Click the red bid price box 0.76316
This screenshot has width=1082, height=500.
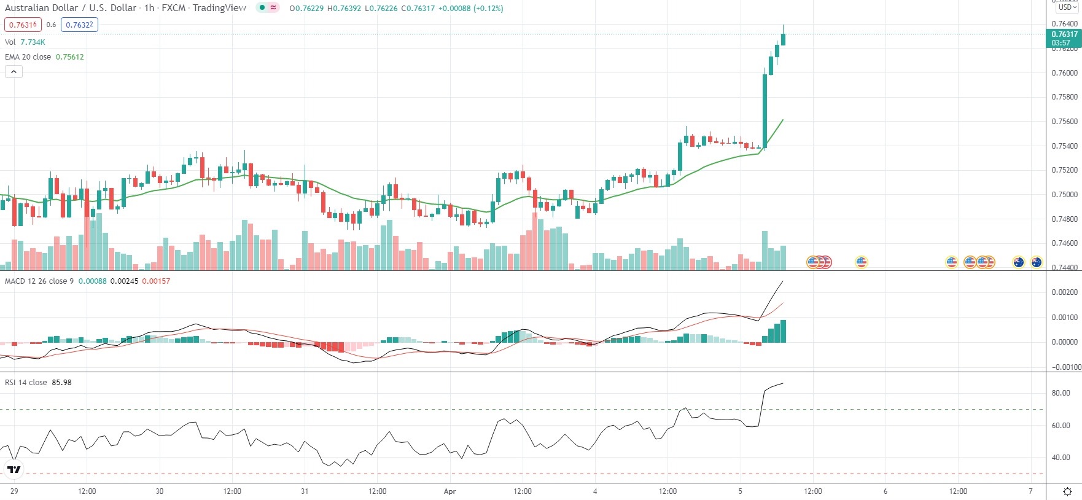(x=23, y=25)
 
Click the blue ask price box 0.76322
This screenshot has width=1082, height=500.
(x=80, y=25)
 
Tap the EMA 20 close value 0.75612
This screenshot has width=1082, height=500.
(x=69, y=57)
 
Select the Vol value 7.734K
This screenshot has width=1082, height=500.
(x=33, y=42)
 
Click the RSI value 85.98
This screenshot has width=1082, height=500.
(x=61, y=383)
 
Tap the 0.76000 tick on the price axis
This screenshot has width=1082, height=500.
(x=1064, y=73)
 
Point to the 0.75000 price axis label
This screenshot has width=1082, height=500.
(x=1064, y=195)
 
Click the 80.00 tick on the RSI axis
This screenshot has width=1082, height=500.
(x=1061, y=393)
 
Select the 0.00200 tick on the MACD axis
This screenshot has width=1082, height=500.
(x=1064, y=292)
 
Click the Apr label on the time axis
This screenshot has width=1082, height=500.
(x=450, y=491)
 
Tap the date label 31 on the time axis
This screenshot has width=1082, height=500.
(x=305, y=491)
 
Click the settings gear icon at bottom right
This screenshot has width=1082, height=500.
(x=1067, y=491)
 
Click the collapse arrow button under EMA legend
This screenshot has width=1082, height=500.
(x=14, y=72)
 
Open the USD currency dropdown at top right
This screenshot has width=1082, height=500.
(x=1067, y=7)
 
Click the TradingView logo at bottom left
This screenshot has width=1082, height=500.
(x=14, y=470)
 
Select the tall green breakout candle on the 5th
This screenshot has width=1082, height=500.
(x=765, y=111)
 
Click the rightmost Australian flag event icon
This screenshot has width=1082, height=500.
(x=1036, y=262)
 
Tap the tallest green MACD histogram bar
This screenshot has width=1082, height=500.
(x=783, y=331)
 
